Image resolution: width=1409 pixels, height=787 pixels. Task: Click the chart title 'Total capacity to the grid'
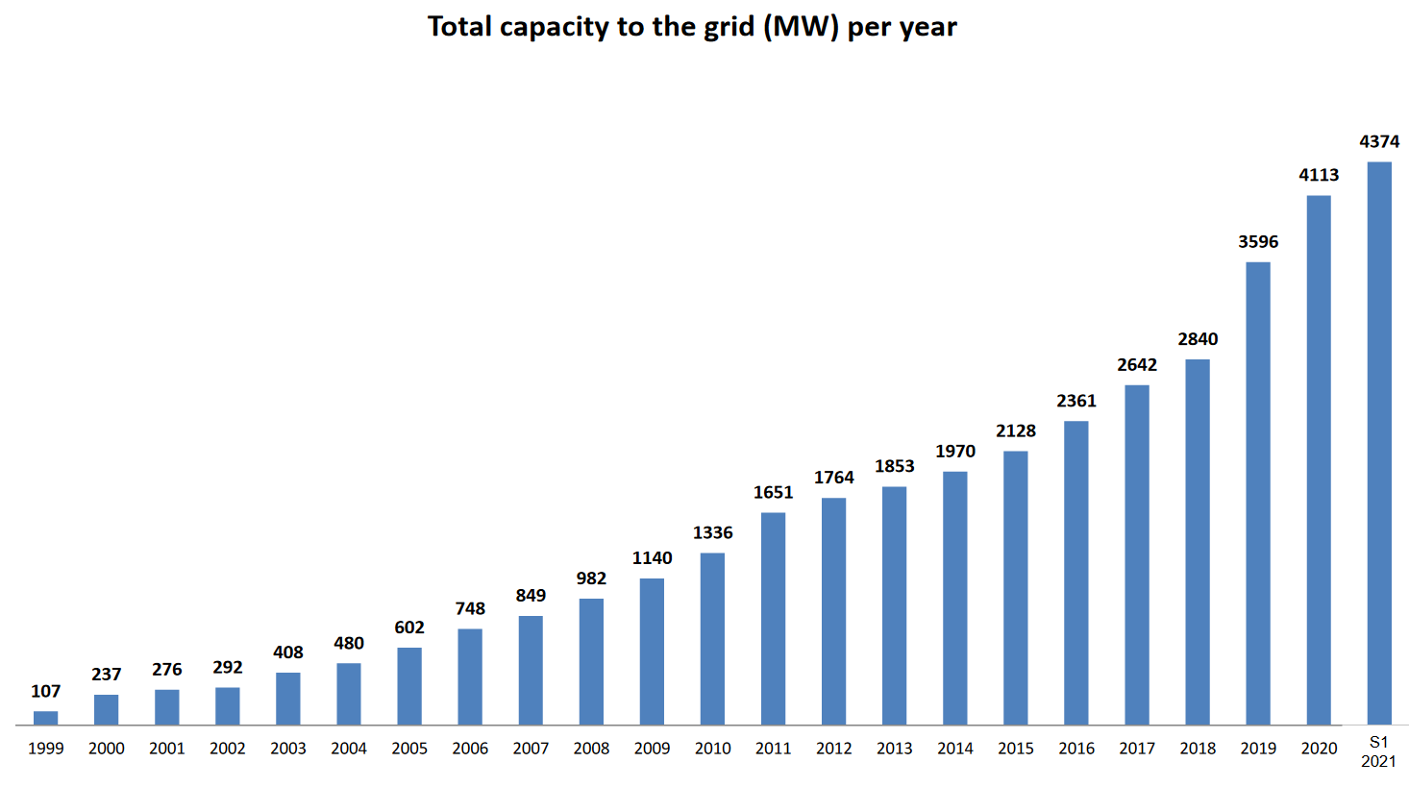(x=692, y=27)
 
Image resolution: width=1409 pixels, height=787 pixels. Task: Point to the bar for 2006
(x=470, y=676)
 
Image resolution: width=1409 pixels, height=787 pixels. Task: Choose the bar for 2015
(x=1016, y=587)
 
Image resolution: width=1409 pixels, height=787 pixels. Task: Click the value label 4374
(x=1379, y=141)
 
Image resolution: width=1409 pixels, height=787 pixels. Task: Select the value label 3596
(x=1258, y=242)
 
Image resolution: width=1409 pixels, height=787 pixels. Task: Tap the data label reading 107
(x=45, y=691)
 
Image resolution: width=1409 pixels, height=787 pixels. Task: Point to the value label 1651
(x=773, y=492)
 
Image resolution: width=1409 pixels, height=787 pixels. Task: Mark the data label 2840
(x=1198, y=339)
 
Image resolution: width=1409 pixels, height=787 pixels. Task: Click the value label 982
(x=591, y=578)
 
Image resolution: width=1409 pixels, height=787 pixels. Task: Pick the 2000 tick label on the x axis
(x=106, y=749)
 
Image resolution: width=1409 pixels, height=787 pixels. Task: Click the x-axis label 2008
(x=591, y=749)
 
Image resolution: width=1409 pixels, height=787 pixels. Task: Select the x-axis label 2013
(x=895, y=749)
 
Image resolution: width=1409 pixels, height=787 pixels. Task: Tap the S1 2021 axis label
(x=1379, y=751)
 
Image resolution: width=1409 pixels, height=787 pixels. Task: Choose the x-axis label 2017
(x=1137, y=749)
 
